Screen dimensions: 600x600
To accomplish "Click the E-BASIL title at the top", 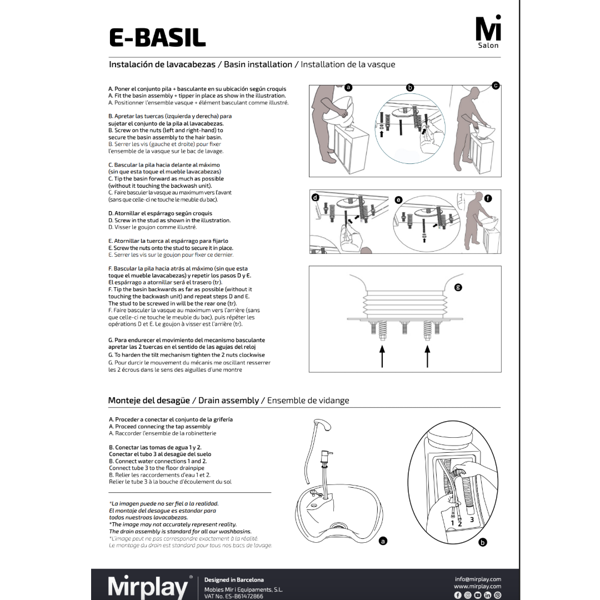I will (x=157, y=37).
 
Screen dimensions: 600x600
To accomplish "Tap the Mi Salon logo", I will (x=488, y=33).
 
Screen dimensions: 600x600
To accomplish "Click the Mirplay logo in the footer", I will (x=148, y=587).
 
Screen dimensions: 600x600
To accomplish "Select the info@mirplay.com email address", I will (x=477, y=579).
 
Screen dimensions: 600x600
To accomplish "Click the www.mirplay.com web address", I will (x=477, y=586).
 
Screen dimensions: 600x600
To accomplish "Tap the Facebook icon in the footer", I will (x=458, y=595).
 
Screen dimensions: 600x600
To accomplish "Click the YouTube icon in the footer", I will (x=478, y=595).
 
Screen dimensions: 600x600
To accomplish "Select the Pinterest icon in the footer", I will (x=498, y=595).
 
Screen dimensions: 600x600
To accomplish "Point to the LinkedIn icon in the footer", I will (x=488, y=595).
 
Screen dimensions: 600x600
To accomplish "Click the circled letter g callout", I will (x=458, y=287).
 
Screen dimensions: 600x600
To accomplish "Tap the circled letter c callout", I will (x=496, y=85).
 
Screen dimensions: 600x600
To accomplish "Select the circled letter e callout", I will (x=398, y=199).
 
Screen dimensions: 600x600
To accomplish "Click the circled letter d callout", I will (x=316, y=198).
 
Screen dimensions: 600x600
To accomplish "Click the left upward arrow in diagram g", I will (x=382, y=356).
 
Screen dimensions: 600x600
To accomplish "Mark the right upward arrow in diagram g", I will (x=427, y=356).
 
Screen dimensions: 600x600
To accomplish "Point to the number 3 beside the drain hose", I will (x=472, y=519).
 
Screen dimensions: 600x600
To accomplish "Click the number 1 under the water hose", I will (x=453, y=523).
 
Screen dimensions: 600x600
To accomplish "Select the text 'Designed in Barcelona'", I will (x=234, y=579).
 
